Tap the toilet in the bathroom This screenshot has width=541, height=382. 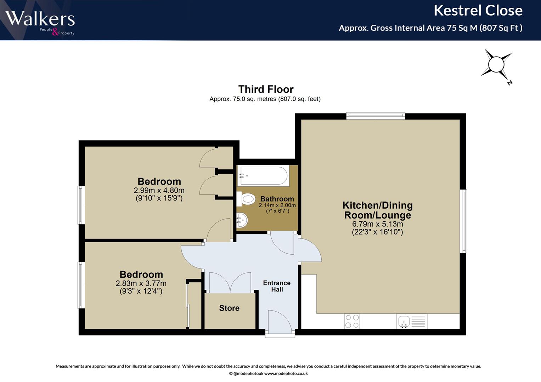pyautogui.click(x=246, y=199)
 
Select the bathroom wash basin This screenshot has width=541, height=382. pyautogui.click(x=242, y=220)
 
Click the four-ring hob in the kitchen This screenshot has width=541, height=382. pyautogui.click(x=352, y=321)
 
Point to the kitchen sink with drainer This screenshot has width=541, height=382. pyautogui.click(x=412, y=321)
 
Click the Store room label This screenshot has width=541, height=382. pyautogui.click(x=229, y=308)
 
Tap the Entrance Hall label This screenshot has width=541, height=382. pyautogui.click(x=277, y=286)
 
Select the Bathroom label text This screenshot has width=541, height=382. pyautogui.click(x=277, y=199)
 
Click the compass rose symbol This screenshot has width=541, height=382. pyautogui.click(x=496, y=65)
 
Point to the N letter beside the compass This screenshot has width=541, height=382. pyautogui.click(x=509, y=83)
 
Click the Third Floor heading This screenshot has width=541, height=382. pyautogui.click(x=266, y=89)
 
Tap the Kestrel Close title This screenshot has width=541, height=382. pyautogui.click(x=478, y=11)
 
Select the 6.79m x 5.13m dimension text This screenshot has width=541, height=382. pyautogui.click(x=377, y=224)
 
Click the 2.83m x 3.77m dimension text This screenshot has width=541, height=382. pyautogui.click(x=141, y=283)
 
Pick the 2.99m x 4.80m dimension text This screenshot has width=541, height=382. pyautogui.click(x=159, y=190)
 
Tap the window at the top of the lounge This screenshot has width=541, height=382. pyautogui.click(x=376, y=116)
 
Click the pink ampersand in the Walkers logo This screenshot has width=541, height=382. pyautogui.click(x=55, y=32)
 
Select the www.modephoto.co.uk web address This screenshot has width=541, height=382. pyautogui.click(x=286, y=374)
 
